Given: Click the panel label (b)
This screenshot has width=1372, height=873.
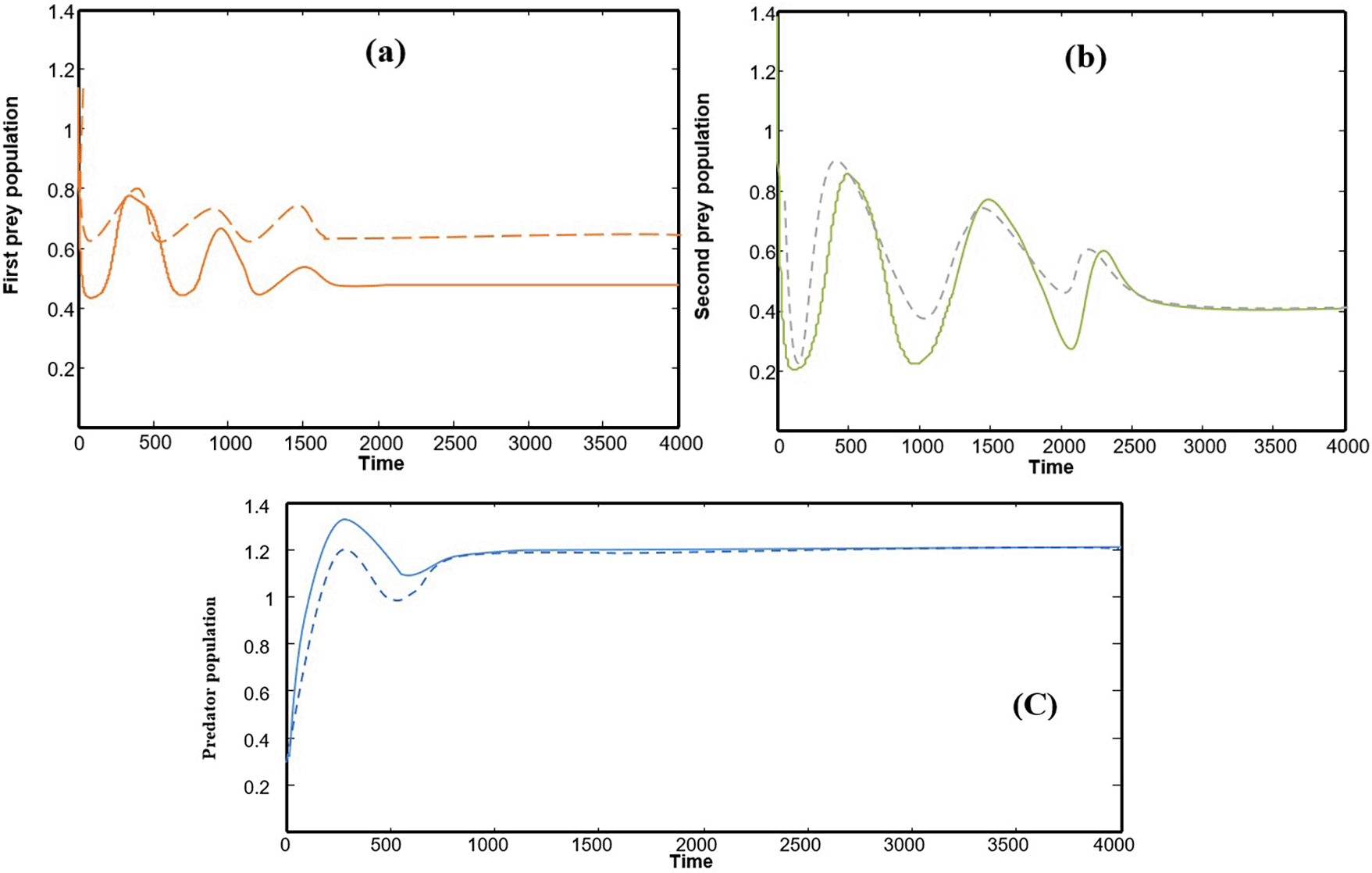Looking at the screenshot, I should (x=1085, y=58).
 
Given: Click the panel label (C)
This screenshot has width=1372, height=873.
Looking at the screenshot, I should (x=1035, y=706).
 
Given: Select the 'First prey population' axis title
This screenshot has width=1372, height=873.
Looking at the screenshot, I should (x=12, y=195).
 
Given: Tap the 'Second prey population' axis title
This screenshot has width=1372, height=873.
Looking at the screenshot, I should (x=703, y=206).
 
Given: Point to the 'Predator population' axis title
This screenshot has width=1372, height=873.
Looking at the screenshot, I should (x=209, y=678).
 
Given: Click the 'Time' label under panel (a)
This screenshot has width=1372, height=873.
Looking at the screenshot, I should (x=381, y=463).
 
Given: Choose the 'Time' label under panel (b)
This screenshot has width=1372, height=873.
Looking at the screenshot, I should (x=1050, y=467).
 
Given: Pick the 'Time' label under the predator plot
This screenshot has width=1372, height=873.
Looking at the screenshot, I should (x=691, y=861).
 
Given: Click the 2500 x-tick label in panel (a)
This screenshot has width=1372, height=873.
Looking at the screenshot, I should (x=454, y=444).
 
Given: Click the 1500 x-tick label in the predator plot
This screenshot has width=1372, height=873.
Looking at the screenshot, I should (x=592, y=845).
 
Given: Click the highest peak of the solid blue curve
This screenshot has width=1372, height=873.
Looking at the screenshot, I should (x=344, y=519).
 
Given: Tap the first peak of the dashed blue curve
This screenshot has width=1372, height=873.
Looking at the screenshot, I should (x=345, y=549).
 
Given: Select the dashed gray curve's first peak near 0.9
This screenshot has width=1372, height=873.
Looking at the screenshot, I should (x=837, y=162).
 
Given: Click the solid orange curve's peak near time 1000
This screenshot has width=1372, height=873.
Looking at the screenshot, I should (x=222, y=228).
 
